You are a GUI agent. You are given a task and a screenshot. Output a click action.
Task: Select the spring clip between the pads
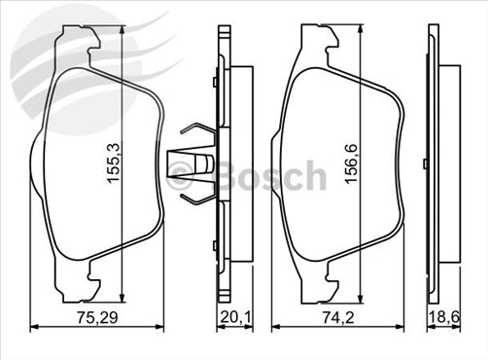tap(198, 162)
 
